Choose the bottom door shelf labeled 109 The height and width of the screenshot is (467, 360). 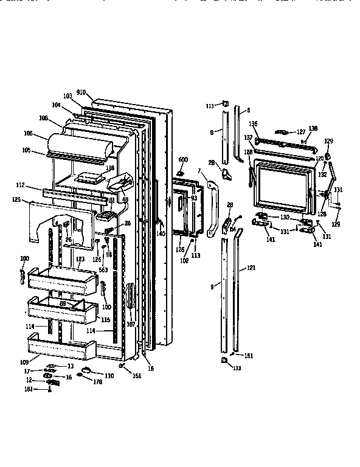64,350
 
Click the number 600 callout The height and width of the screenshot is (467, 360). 182,159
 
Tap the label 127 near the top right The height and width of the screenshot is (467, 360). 300,131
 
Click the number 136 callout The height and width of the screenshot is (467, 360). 254,124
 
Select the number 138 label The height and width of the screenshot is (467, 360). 313,129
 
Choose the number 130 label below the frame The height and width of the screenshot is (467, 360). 285,217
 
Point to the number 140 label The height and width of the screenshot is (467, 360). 161,233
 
